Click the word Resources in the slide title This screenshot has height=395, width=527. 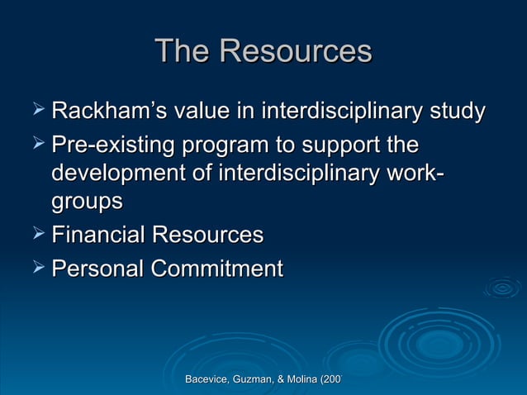tap(295, 52)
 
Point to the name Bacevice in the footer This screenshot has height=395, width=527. tap(207, 378)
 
